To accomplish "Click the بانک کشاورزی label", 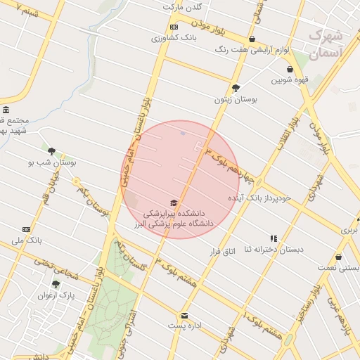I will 175,37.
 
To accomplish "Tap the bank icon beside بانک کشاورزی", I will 174,27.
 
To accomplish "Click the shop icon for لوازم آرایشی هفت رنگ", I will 252,39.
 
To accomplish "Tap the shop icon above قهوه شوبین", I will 290,70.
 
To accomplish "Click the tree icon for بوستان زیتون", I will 236,88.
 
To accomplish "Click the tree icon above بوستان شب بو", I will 51,150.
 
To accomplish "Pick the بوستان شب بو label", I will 51,162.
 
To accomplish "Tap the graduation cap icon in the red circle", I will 174,202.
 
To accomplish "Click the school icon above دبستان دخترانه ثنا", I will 274,238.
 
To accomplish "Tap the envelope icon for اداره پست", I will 184,316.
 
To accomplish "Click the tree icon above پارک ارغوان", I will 56,284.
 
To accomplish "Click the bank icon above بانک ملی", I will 27,229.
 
